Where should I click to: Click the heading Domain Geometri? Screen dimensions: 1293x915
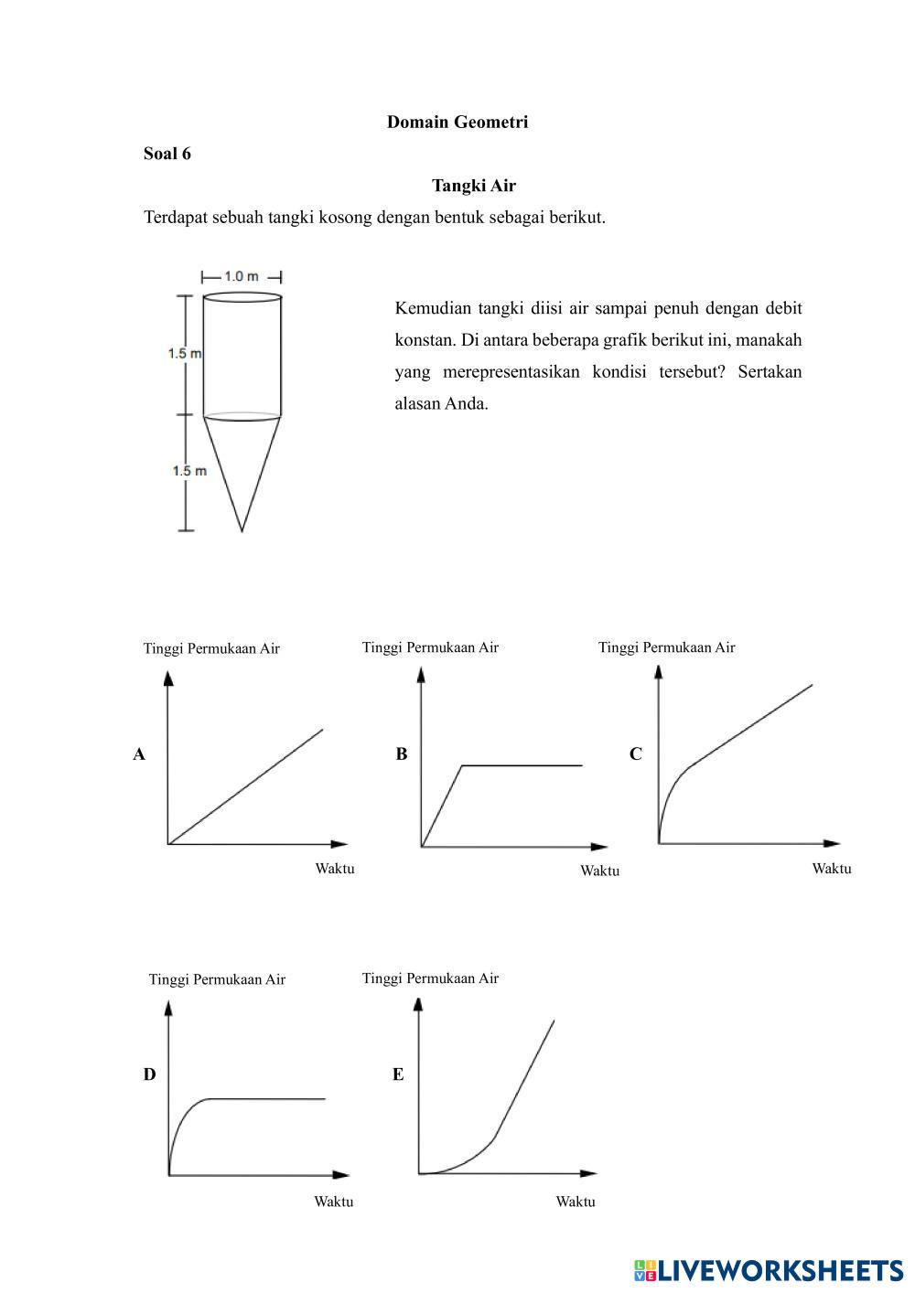click(457, 122)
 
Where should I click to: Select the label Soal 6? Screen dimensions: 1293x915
click(167, 154)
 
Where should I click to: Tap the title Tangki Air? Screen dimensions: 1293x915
click(474, 186)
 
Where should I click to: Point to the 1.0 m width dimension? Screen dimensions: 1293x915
click(241, 276)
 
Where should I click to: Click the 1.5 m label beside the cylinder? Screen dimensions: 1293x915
click(184, 353)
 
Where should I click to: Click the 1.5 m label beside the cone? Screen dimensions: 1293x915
click(188, 471)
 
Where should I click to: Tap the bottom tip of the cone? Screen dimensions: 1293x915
click(242, 529)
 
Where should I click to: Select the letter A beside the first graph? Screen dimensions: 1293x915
click(139, 754)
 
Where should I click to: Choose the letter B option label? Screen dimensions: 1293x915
click(402, 754)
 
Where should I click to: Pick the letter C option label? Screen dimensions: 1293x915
click(636, 754)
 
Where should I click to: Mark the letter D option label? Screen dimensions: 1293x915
click(149, 1074)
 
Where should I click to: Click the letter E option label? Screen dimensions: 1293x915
click(398, 1074)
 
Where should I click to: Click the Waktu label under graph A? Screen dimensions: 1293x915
click(335, 869)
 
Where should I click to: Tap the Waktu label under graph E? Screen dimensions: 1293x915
click(576, 1202)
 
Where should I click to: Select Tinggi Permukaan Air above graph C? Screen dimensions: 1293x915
click(666, 647)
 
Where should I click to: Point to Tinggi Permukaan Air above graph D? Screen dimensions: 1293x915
click(217, 979)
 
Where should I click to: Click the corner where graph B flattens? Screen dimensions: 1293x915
click(463, 764)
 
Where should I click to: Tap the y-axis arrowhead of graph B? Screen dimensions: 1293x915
click(421, 674)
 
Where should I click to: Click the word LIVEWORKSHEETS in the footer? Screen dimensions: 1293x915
click(780, 1270)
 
